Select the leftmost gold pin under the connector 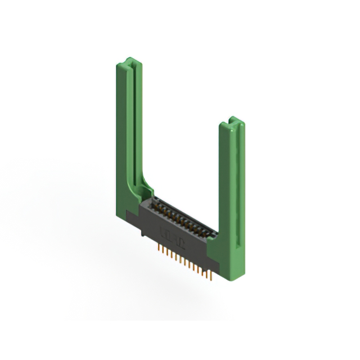[159, 247]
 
